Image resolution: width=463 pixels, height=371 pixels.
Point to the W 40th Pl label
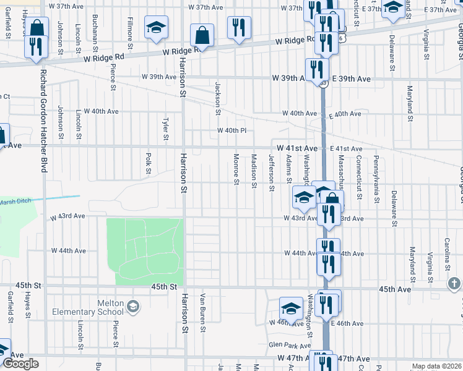[232, 130]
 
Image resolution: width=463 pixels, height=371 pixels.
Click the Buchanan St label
[95, 32]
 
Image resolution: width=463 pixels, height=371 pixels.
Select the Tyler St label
[165, 129]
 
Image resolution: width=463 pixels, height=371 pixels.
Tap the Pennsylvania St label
[376, 179]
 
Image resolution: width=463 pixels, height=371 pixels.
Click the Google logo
[21, 364]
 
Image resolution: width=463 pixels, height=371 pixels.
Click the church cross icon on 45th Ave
[455, 284]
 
